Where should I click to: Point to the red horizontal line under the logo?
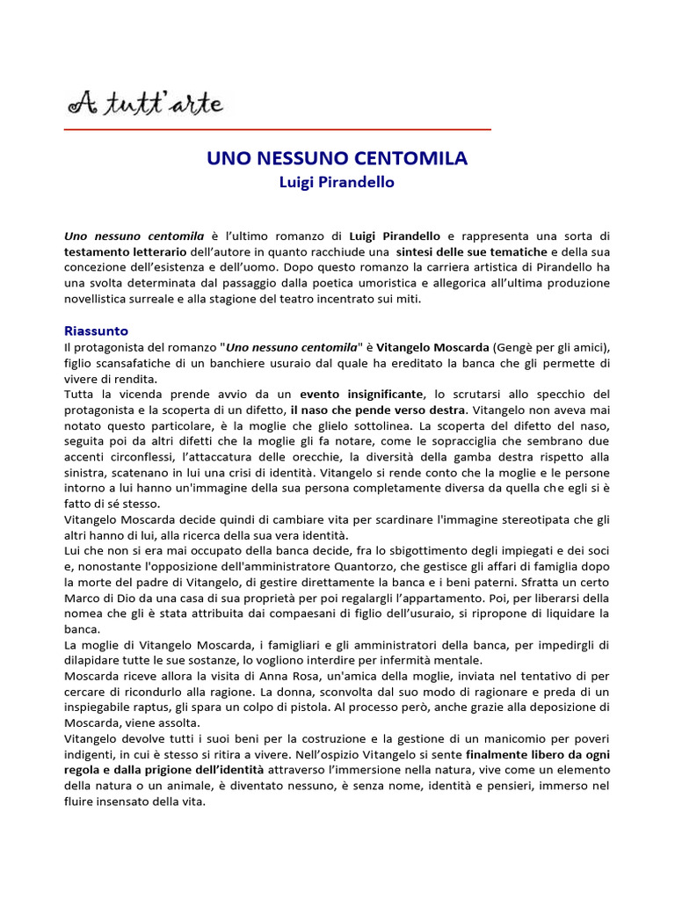coord(278,130)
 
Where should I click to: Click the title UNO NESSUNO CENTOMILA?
coord(337,159)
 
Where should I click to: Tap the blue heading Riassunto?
coord(97,330)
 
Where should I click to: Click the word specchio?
coord(562,394)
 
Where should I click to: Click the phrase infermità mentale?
coord(432,659)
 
